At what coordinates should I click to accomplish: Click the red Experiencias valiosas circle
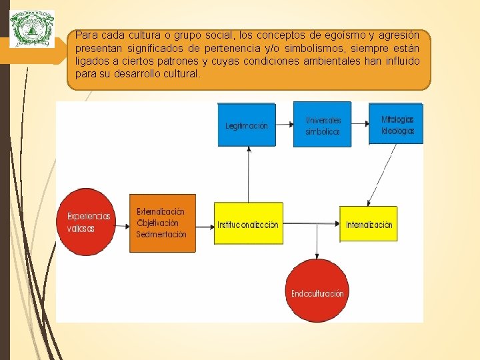[x=89, y=222]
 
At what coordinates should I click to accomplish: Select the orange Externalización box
[x=162, y=223]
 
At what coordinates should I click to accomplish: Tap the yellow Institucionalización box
[x=248, y=225]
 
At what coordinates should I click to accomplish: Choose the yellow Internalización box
[x=369, y=225]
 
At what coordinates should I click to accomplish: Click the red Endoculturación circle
[x=317, y=293]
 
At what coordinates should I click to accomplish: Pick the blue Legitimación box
[x=246, y=125]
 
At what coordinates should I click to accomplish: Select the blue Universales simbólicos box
[x=323, y=125]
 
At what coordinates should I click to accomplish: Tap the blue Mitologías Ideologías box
[x=397, y=125]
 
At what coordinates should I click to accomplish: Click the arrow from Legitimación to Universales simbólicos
[x=284, y=125]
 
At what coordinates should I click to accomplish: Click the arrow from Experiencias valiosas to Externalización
[x=121, y=226]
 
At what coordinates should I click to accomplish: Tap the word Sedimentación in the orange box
[x=161, y=235]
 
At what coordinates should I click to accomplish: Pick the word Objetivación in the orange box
[x=158, y=223]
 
